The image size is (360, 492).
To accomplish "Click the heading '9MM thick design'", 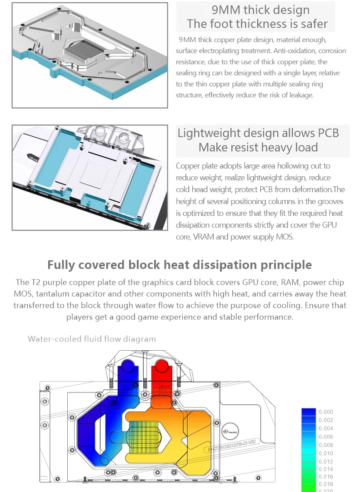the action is [x=260, y=10].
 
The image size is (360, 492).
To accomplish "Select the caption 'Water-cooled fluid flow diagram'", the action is [x=92, y=339].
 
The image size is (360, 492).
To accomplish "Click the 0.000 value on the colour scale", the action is [x=326, y=412].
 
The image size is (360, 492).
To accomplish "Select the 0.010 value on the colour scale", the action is [x=326, y=453].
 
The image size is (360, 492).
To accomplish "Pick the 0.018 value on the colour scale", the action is [x=326, y=485].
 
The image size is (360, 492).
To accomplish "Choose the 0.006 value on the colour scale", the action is [x=326, y=437].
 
